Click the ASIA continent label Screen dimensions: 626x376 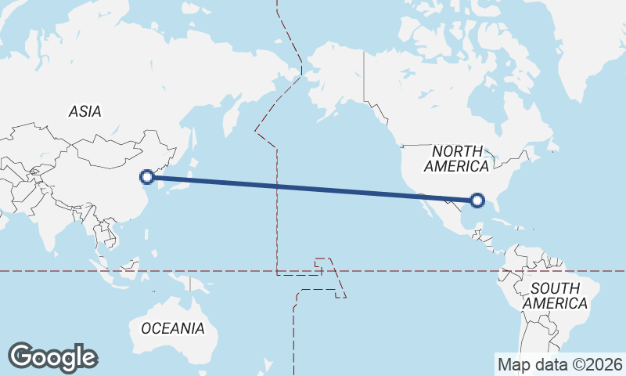[85, 111]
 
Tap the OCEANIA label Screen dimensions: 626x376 [173, 328]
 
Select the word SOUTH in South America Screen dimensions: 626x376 [555, 287]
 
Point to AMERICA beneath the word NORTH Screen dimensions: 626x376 [456, 166]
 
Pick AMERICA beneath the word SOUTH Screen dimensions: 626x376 [555, 303]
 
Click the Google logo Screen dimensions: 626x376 [52, 357]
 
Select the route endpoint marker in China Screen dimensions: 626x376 [146, 177]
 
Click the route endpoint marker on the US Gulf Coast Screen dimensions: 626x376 [480, 201]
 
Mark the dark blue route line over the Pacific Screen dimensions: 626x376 [313, 189]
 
